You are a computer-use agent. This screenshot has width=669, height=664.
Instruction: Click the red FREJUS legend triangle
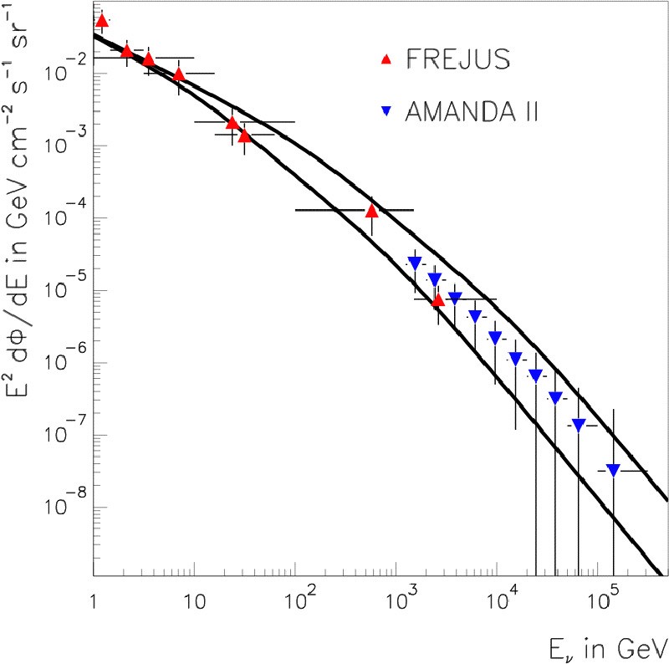point(386,59)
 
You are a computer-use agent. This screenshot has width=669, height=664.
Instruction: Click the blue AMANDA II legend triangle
point(386,114)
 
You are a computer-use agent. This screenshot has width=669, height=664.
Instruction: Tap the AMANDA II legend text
point(470,113)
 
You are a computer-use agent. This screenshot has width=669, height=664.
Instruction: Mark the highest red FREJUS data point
point(102,21)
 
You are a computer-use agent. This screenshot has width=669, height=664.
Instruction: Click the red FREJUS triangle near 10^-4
point(372,211)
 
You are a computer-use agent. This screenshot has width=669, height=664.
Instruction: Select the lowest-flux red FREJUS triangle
point(438,299)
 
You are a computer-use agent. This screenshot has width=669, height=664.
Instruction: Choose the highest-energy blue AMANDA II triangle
point(613,470)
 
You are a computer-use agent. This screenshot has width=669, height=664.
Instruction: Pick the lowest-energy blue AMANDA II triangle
point(414,263)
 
